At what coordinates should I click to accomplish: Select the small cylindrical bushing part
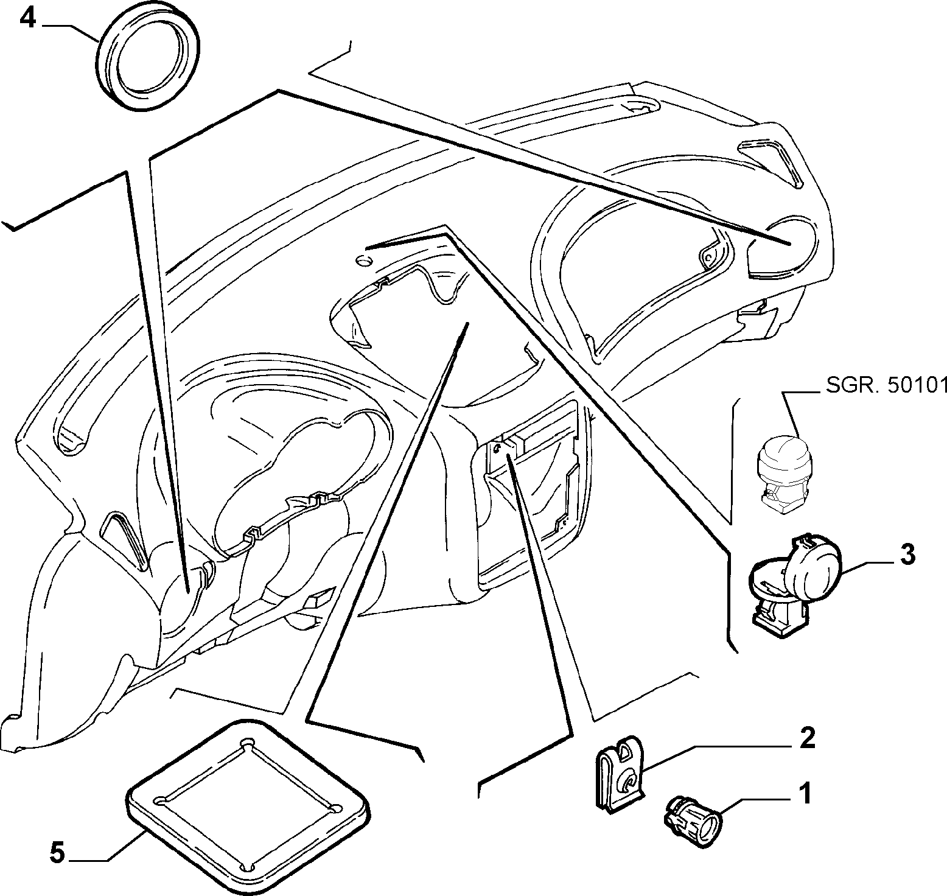coord(692,813)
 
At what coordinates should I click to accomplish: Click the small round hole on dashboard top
coord(363,262)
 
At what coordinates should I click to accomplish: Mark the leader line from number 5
coord(119,846)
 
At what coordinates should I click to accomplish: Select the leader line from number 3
coord(870,564)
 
